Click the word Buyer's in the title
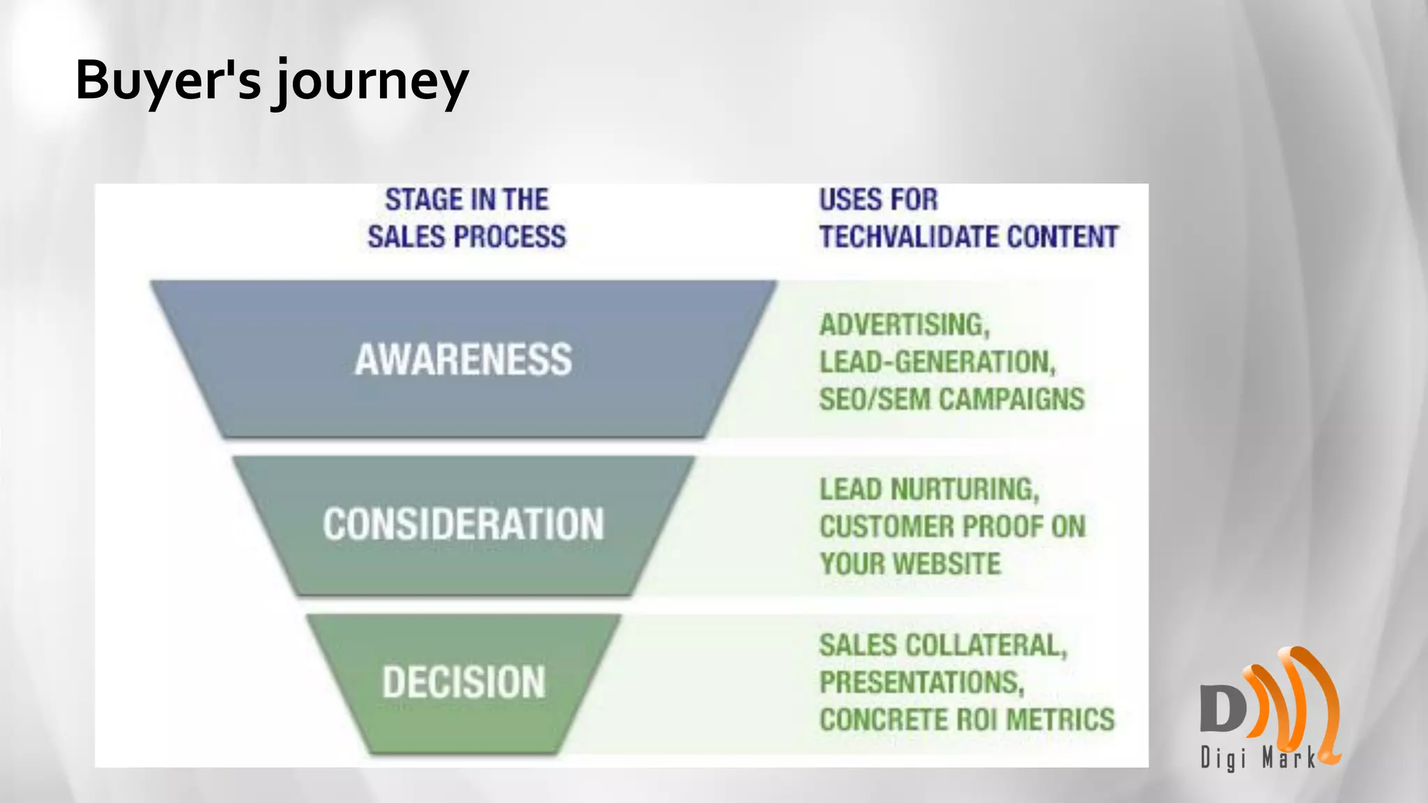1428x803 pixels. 167,79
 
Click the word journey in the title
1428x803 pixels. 371,82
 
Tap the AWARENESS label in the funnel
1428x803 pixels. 463,360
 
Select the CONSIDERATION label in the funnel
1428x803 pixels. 463,524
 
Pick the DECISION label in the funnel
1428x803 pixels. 463,682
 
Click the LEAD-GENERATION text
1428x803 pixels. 937,362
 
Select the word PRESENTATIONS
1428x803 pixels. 921,682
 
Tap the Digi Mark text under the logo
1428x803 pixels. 1257,758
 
